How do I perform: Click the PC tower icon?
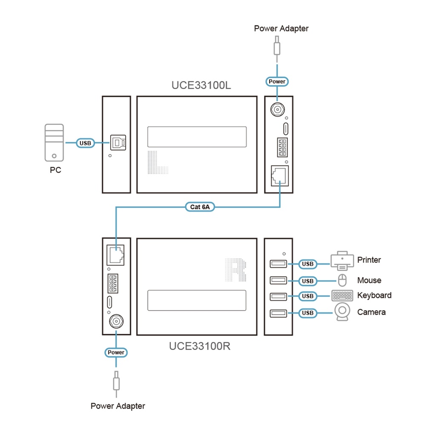54,143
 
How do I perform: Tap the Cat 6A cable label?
200,207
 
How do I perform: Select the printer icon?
342,261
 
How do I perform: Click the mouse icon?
342,280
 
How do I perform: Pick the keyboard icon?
342,295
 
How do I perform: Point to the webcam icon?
342,312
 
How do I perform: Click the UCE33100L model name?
201,85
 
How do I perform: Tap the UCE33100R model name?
200,346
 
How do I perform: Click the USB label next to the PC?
86,143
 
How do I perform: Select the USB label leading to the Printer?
307,264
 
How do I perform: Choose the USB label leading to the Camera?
307,313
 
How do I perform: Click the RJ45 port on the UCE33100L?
279,175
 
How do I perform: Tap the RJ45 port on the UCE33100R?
115,255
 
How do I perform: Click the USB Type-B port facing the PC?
118,143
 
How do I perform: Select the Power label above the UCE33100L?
277,81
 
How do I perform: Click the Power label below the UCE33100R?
116,352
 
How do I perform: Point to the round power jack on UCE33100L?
278,109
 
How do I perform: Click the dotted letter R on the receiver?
235,270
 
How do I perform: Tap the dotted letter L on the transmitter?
158,162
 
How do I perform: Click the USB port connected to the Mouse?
278,280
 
